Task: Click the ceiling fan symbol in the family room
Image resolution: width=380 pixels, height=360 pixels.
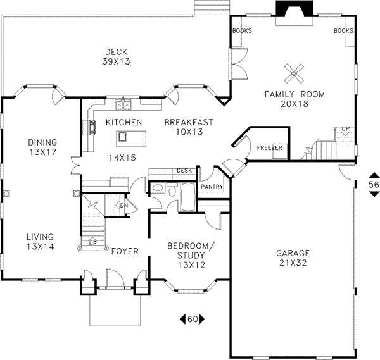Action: tap(294, 74)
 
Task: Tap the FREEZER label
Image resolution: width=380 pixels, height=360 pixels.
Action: tap(269, 148)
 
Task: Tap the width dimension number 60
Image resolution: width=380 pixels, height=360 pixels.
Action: tap(193, 319)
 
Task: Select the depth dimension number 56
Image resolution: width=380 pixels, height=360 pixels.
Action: tap(374, 184)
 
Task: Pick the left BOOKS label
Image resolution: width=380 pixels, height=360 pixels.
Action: tap(242, 30)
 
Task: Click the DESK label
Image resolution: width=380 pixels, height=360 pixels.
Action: tap(184, 170)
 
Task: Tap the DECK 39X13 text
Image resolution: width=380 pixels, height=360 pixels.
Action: tap(117, 57)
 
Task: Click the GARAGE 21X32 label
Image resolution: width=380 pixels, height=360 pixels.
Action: tap(293, 258)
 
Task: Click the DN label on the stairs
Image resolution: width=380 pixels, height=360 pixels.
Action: tap(124, 205)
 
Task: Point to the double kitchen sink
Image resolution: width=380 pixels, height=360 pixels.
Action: tap(121, 106)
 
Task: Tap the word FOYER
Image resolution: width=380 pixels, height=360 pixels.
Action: tap(124, 251)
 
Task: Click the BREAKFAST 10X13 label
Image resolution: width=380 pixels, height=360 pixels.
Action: tap(188, 127)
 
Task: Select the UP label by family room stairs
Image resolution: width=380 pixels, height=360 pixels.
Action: tap(345, 129)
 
